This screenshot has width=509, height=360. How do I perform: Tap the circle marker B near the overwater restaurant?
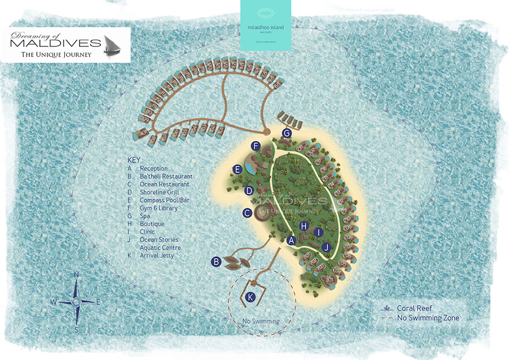tap(215, 262)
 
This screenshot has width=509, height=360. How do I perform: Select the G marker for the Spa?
tap(287, 133)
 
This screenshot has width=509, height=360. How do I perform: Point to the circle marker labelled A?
tap(292, 241)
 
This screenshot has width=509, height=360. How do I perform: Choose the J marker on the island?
tap(326, 247)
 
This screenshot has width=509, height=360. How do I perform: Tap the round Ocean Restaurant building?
tap(262, 215)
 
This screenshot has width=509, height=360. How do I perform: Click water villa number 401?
tap(140, 134)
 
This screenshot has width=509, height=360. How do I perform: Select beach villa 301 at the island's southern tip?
tap(329, 278)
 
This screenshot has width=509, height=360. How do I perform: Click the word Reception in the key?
tap(153, 169)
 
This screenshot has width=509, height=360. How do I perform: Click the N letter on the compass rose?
tap(76, 275)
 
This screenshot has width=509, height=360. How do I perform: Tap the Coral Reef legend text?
tap(416, 308)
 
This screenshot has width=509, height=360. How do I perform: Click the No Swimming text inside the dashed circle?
tap(261, 322)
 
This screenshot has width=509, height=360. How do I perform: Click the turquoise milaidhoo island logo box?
tap(265, 25)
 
